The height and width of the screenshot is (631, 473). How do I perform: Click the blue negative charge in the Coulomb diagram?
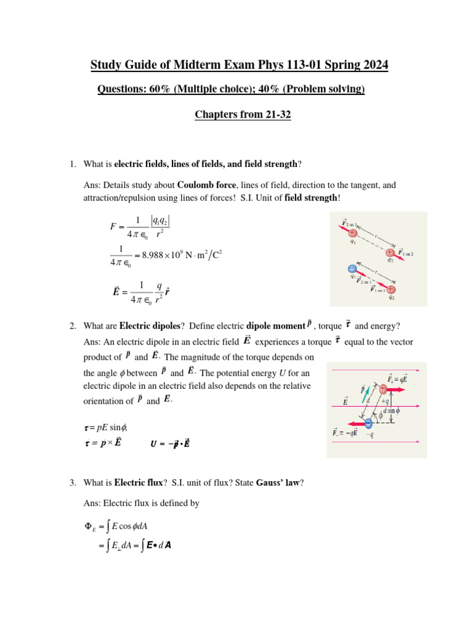tap(352, 269)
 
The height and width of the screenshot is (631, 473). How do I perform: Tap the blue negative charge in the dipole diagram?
tap(368, 423)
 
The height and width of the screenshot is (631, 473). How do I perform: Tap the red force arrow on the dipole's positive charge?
tap(403, 389)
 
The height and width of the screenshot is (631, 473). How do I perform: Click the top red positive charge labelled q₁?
tap(352, 234)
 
